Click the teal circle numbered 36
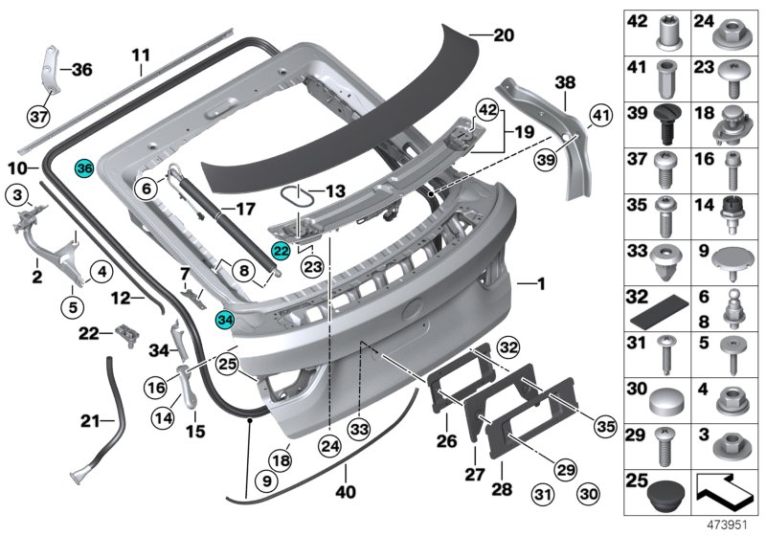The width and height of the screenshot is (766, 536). (x=84, y=168)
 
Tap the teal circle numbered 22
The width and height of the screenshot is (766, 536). (x=281, y=251)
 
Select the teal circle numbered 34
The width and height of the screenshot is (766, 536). (x=225, y=320)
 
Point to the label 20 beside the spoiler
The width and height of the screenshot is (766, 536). (x=504, y=35)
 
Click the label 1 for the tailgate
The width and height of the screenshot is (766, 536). (x=541, y=284)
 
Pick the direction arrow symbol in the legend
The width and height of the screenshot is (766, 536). (x=730, y=486)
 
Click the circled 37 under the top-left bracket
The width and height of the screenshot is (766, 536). (x=37, y=117)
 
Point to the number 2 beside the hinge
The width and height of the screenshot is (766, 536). (x=35, y=278)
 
